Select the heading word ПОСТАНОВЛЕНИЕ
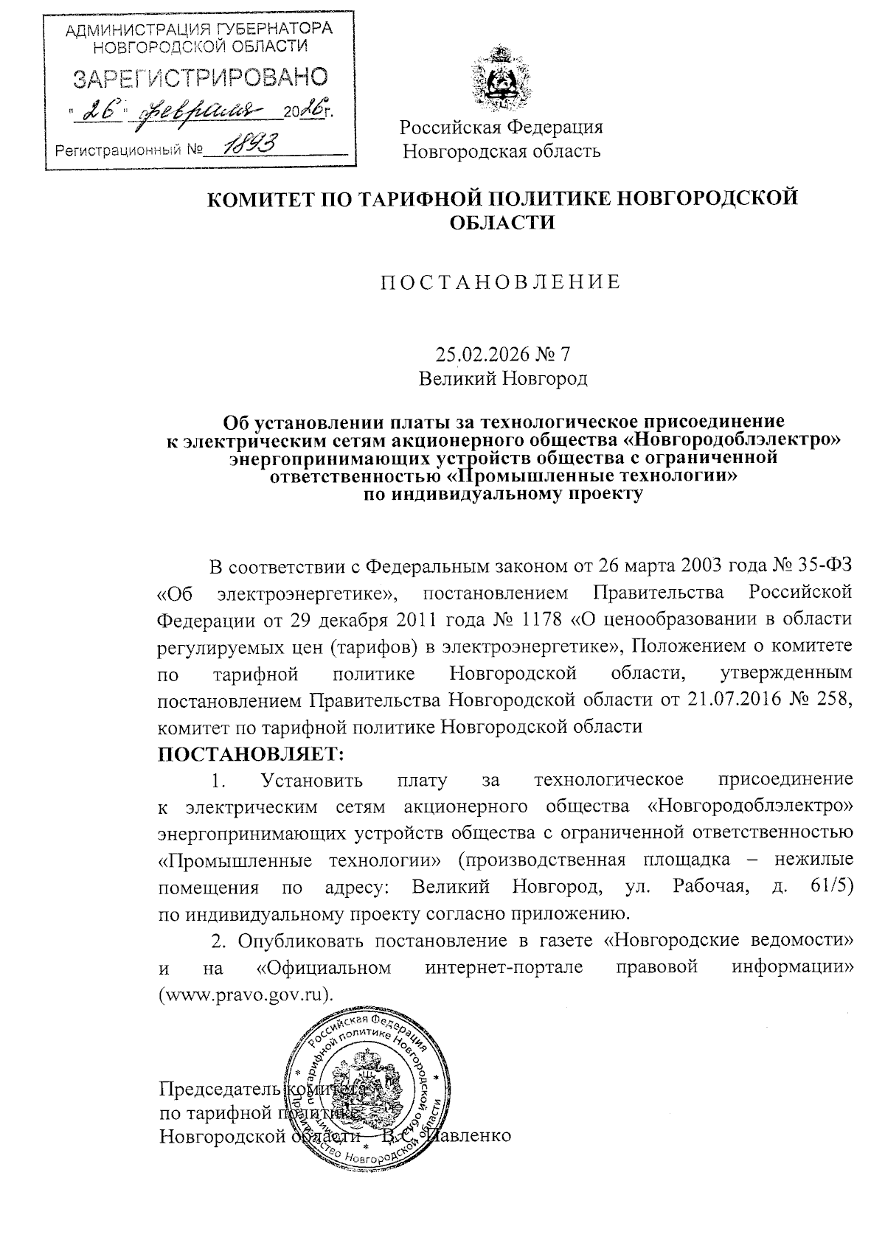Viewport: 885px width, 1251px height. pos(501,282)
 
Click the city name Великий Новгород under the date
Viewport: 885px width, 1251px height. pos(502,379)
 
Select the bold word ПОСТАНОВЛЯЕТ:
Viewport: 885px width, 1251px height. pos(251,755)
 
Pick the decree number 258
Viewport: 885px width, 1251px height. pos(833,699)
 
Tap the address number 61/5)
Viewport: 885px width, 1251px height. pos(831,887)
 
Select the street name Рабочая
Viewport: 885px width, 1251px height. pos(709,887)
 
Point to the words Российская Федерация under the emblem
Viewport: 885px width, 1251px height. pos(502,127)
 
